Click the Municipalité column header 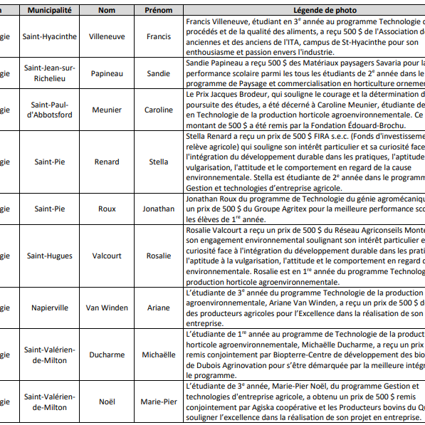point(49,11)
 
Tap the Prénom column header point(158,11)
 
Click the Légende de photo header point(304,11)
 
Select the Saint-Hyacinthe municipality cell point(49,36)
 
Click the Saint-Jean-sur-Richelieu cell point(49,73)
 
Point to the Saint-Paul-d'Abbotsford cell point(49,110)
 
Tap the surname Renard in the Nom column point(107,162)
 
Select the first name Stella point(158,162)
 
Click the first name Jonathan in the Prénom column point(158,209)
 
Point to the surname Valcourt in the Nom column point(107,256)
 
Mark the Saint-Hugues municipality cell point(49,256)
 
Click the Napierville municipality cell point(49,308)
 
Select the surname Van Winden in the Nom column point(107,308)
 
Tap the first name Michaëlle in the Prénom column point(158,355)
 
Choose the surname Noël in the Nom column point(107,402)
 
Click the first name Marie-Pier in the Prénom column point(158,402)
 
